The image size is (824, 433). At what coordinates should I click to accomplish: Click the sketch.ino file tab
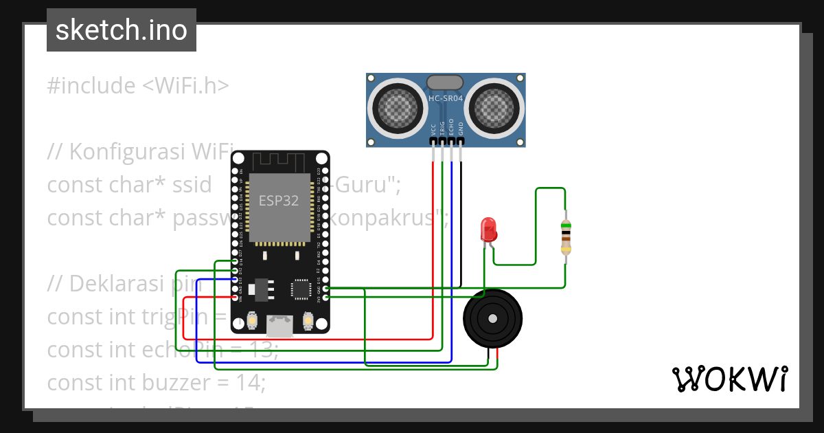(x=122, y=31)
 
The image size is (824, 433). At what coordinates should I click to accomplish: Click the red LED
(x=488, y=229)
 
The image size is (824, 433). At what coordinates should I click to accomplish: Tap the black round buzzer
(x=492, y=318)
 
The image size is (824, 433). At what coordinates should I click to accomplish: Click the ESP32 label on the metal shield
(x=278, y=201)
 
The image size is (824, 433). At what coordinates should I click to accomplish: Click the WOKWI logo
(x=729, y=379)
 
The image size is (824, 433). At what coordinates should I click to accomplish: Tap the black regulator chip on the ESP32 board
(x=259, y=289)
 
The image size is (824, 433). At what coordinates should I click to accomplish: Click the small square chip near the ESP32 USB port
(x=301, y=289)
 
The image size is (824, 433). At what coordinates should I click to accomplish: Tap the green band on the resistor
(x=565, y=225)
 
